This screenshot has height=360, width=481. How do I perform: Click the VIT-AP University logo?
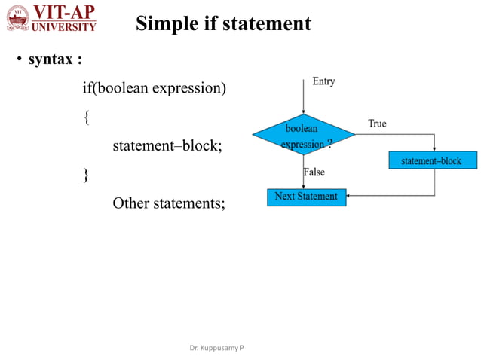[52, 18]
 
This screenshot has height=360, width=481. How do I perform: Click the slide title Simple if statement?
[223, 23]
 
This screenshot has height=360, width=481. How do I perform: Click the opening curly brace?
[86, 117]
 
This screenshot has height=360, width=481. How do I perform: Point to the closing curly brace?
[86, 174]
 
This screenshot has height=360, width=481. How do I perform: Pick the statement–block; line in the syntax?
[167, 145]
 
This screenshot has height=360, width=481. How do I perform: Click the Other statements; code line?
[169, 203]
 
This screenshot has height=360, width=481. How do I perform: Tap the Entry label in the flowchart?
[323, 81]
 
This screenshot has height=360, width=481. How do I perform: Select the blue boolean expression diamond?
[303, 135]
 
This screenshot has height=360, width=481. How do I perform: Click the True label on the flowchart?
[377, 123]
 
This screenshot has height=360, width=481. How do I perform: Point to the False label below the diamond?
[314, 172]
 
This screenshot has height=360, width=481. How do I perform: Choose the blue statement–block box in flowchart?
[434, 160]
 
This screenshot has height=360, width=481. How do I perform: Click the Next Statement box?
[306, 197]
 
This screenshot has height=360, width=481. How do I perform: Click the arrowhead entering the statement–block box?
[434, 149]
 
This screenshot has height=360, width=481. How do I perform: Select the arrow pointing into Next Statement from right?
[352, 197]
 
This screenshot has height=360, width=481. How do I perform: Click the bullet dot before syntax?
[20, 60]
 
